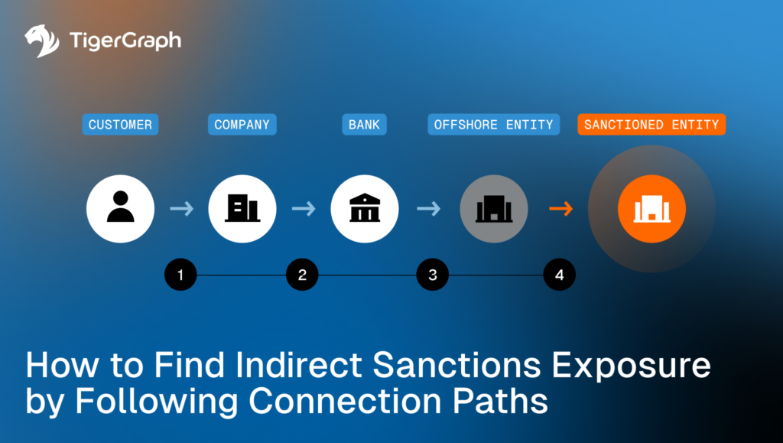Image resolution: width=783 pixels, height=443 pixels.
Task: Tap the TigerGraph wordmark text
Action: click(125, 41)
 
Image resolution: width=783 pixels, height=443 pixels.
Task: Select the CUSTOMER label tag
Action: click(120, 125)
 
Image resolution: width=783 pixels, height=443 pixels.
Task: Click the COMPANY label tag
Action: click(242, 125)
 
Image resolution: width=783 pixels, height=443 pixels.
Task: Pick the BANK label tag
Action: click(364, 125)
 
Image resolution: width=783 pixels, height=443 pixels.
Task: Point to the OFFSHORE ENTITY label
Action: click(493, 125)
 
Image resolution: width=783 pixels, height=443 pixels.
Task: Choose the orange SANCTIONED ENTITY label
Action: click(651, 125)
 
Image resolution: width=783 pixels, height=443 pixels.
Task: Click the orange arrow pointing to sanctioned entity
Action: click(561, 208)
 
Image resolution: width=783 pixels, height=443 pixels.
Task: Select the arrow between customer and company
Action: click(182, 208)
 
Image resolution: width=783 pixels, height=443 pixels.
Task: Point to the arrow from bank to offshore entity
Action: click(429, 208)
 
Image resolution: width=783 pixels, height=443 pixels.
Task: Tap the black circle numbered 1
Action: click(180, 275)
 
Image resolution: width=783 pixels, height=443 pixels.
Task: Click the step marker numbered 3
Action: click(433, 275)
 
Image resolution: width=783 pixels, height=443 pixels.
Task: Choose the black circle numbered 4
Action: click(560, 275)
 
